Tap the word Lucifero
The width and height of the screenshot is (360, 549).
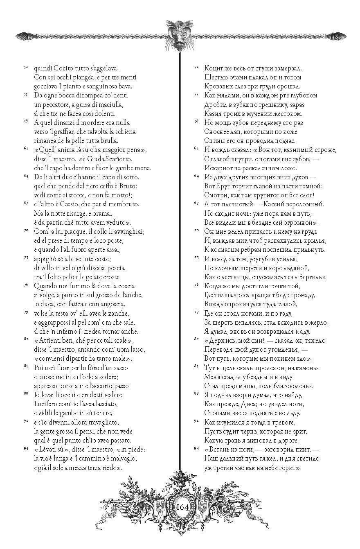[x=49, y=403]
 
